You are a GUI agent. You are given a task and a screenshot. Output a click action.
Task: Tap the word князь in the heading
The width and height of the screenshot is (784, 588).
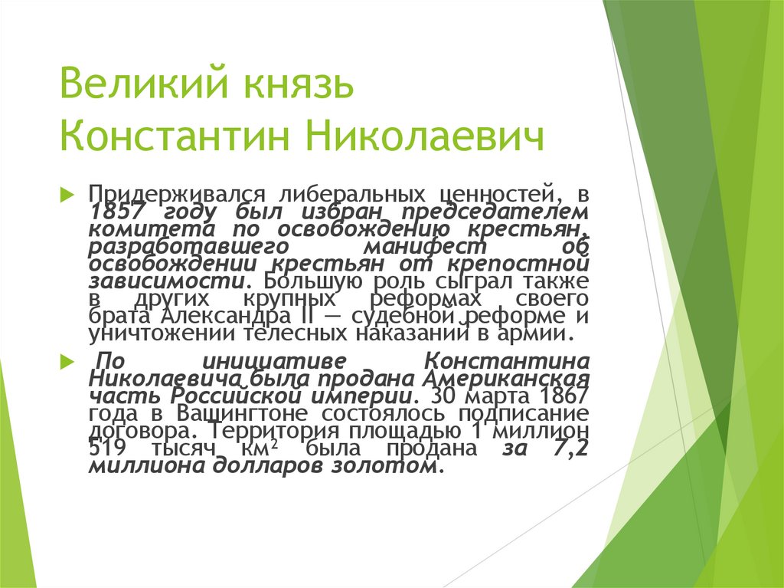point(298,84)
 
